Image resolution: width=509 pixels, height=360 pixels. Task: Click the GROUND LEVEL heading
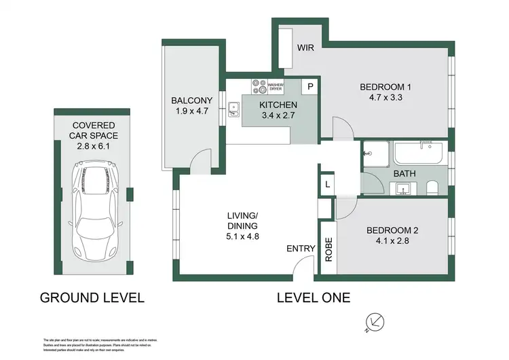click(x=92, y=297)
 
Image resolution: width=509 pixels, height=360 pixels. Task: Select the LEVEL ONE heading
click(x=314, y=297)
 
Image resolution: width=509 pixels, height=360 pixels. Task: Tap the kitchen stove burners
click(x=259, y=86)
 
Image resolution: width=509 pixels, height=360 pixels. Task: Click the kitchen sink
click(x=233, y=107)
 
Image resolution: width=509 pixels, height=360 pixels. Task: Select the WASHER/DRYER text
click(x=276, y=87)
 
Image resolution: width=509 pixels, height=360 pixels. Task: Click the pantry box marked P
click(x=310, y=86)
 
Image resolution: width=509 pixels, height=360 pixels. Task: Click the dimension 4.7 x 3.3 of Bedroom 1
click(x=386, y=98)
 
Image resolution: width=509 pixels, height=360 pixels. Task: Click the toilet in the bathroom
click(x=432, y=187)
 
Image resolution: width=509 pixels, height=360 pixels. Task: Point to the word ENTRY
click(x=301, y=249)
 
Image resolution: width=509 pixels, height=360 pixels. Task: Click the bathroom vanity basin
click(x=404, y=188)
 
